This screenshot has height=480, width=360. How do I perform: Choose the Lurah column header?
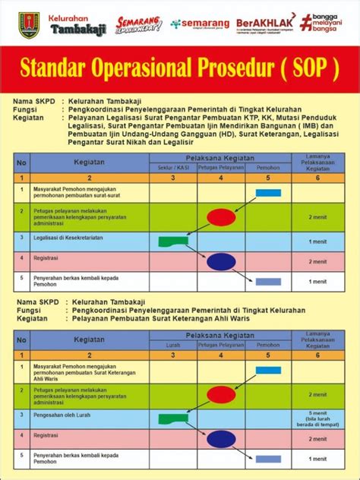pos(172,344)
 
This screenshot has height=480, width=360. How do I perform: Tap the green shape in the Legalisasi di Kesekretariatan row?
pos(173,242)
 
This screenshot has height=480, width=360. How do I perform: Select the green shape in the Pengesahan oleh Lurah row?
pos(173,418)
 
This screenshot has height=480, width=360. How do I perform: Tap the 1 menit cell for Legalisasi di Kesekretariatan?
pos(317,242)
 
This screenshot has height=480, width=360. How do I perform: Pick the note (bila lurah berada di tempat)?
pos(317,424)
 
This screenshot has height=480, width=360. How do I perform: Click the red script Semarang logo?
pos(138,24)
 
